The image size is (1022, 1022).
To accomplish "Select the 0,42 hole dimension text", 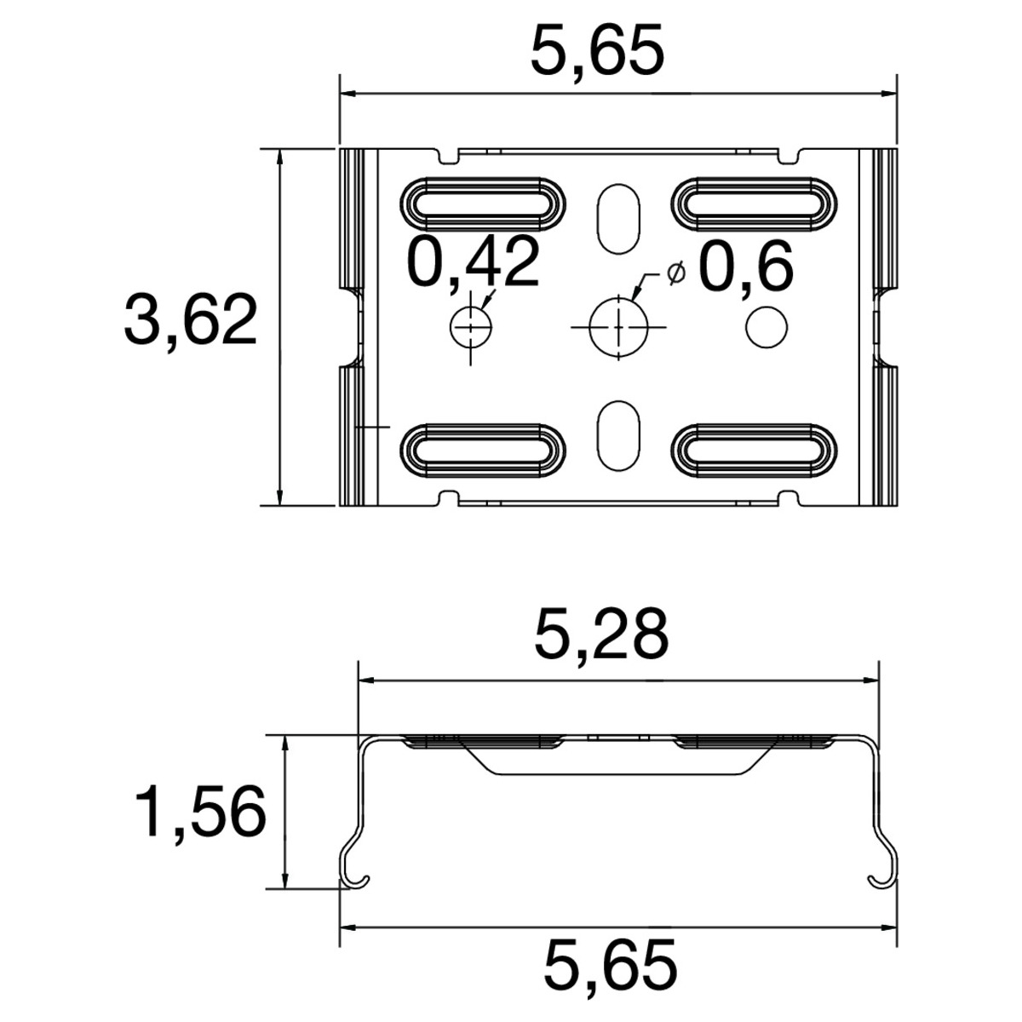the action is pos(473,261).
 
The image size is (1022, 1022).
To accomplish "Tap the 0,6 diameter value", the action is pos(747,268).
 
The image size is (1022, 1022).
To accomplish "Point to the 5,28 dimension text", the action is pos(601,634).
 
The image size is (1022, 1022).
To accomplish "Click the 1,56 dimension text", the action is pos(200,812).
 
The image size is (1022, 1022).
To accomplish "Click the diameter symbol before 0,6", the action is pos(676,273).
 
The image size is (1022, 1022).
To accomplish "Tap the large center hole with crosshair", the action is pos(619,327).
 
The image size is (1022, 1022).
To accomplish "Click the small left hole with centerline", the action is pos(470,327).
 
